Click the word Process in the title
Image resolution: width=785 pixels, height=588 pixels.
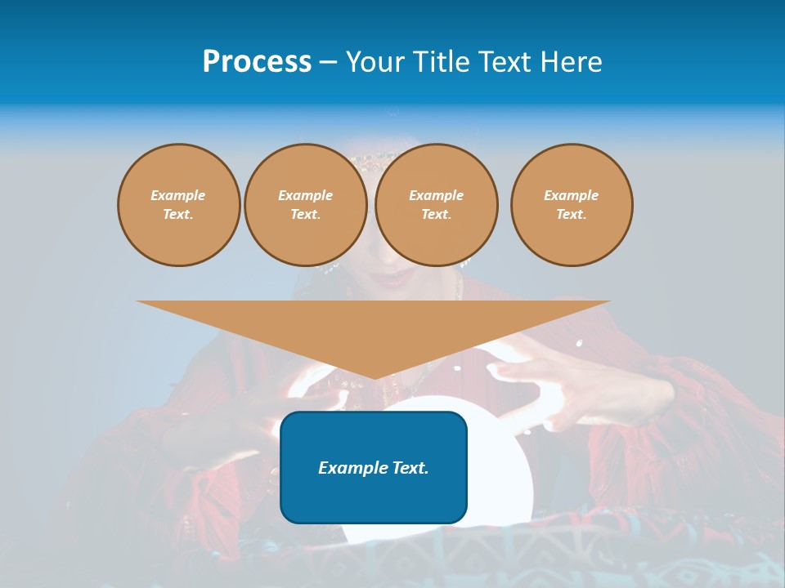[x=257, y=62]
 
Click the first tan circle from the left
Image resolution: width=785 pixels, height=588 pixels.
[x=178, y=204]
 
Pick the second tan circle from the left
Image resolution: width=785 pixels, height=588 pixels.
[x=305, y=204]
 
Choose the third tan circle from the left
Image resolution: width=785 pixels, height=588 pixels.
[x=436, y=204]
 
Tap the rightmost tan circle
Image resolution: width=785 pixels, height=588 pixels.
[x=571, y=204]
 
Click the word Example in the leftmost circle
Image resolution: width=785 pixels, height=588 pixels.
[x=178, y=195]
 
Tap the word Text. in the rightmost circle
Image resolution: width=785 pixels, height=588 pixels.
[x=571, y=214]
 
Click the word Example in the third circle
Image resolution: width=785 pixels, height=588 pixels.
[x=436, y=195]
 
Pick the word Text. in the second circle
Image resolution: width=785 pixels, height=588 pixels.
[x=305, y=214]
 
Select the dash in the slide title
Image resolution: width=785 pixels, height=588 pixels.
[x=327, y=62]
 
